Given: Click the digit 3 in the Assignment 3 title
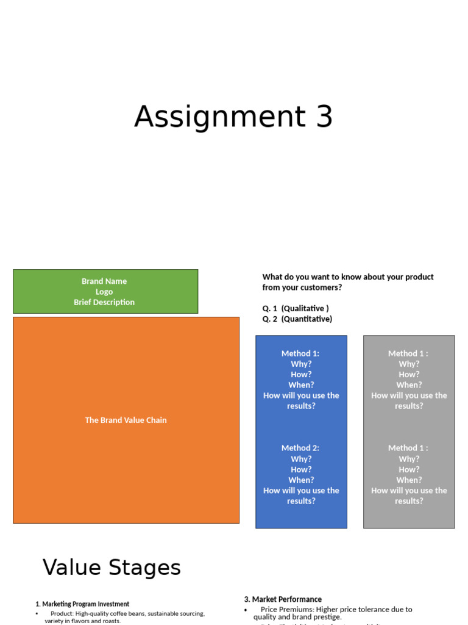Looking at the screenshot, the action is [324, 117].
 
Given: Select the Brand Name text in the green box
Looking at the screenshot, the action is [104, 281].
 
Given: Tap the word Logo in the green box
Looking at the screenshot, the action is [104, 292].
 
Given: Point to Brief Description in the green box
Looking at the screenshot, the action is [104, 302].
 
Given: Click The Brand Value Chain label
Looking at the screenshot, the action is [126, 420].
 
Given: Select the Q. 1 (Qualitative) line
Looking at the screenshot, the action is [296, 308].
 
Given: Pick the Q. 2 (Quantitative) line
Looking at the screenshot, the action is [297, 319].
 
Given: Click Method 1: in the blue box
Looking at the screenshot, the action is [300, 353].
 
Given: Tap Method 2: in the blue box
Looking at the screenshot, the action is [300, 448].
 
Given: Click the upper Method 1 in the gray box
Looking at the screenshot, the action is [408, 353].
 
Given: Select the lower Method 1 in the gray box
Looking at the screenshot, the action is [408, 448].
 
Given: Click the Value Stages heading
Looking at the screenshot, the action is [112, 568].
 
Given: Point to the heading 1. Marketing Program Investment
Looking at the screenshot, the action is [82, 604].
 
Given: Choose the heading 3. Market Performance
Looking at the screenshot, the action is [283, 599].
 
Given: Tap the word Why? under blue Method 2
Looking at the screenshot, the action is [301, 459].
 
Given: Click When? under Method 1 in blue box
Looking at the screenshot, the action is [301, 385].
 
